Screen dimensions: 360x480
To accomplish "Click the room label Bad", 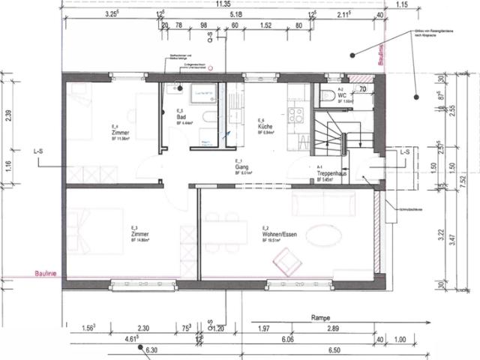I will (181, 118).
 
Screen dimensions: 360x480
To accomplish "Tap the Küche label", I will (264, 128).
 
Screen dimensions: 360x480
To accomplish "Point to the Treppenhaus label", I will (329, 174).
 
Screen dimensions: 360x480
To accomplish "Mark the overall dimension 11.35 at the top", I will (222, 4).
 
